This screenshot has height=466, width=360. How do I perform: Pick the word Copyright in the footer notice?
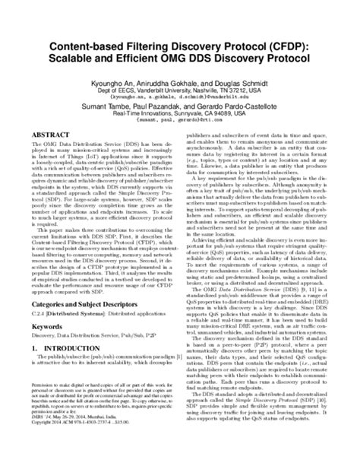click(47, 445)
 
